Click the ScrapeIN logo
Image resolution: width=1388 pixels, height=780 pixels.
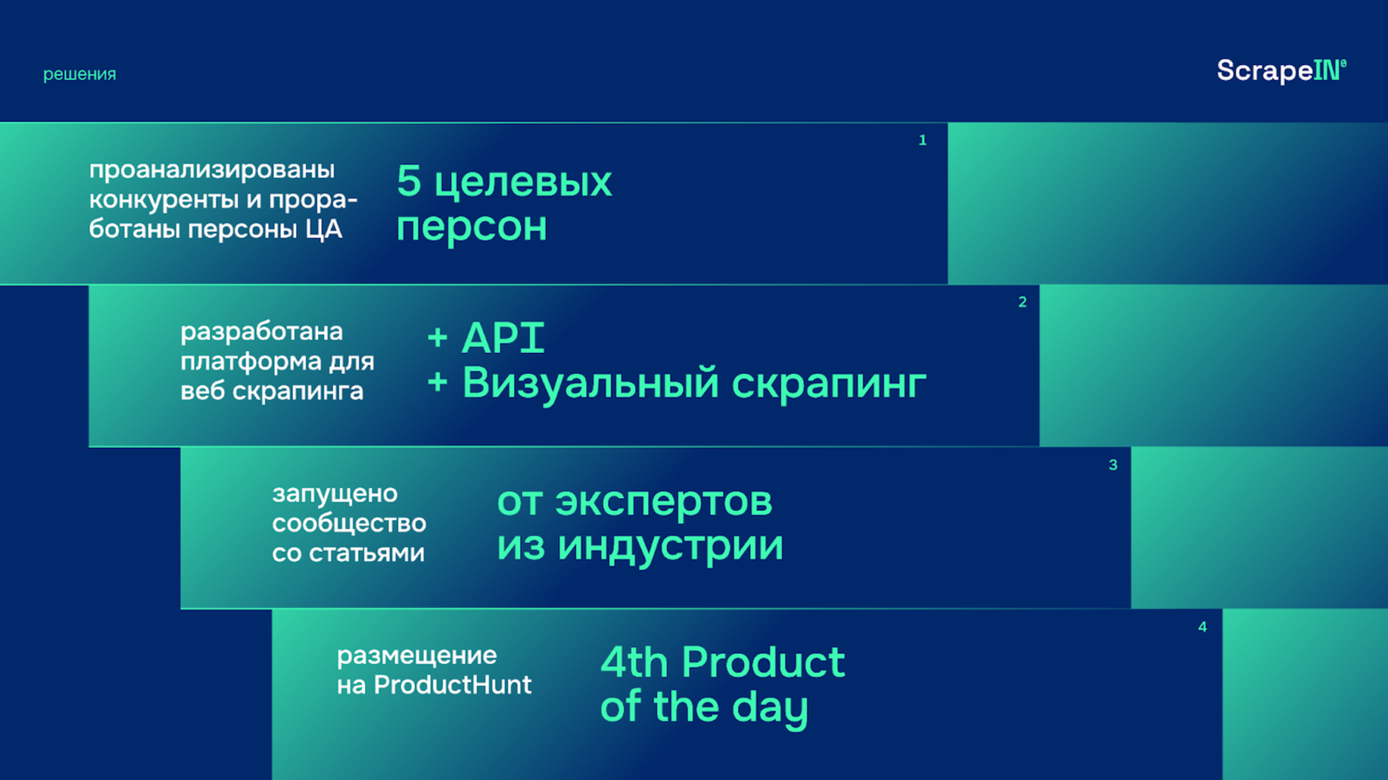(1281, 70)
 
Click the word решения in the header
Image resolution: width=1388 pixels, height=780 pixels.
(79, 74)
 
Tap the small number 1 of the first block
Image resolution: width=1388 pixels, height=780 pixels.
(923, 140)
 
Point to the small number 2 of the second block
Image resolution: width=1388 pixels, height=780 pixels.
(1023, 302)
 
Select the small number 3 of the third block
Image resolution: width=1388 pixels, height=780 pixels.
(1113, 464)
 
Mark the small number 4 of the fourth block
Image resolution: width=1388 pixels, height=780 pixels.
(1203, 627)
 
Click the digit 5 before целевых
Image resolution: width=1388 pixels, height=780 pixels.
(409, 181)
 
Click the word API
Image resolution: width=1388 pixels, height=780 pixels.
(503, 338)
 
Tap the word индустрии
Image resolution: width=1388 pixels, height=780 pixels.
(671, 546)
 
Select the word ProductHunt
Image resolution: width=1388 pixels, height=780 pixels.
(453, 685)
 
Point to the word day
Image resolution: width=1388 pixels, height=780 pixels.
(770, 709)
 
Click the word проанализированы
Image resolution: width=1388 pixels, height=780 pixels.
(212, 170)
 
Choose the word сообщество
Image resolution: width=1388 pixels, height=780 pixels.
(349, 524)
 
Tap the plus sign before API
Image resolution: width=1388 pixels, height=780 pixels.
(438, 338)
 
